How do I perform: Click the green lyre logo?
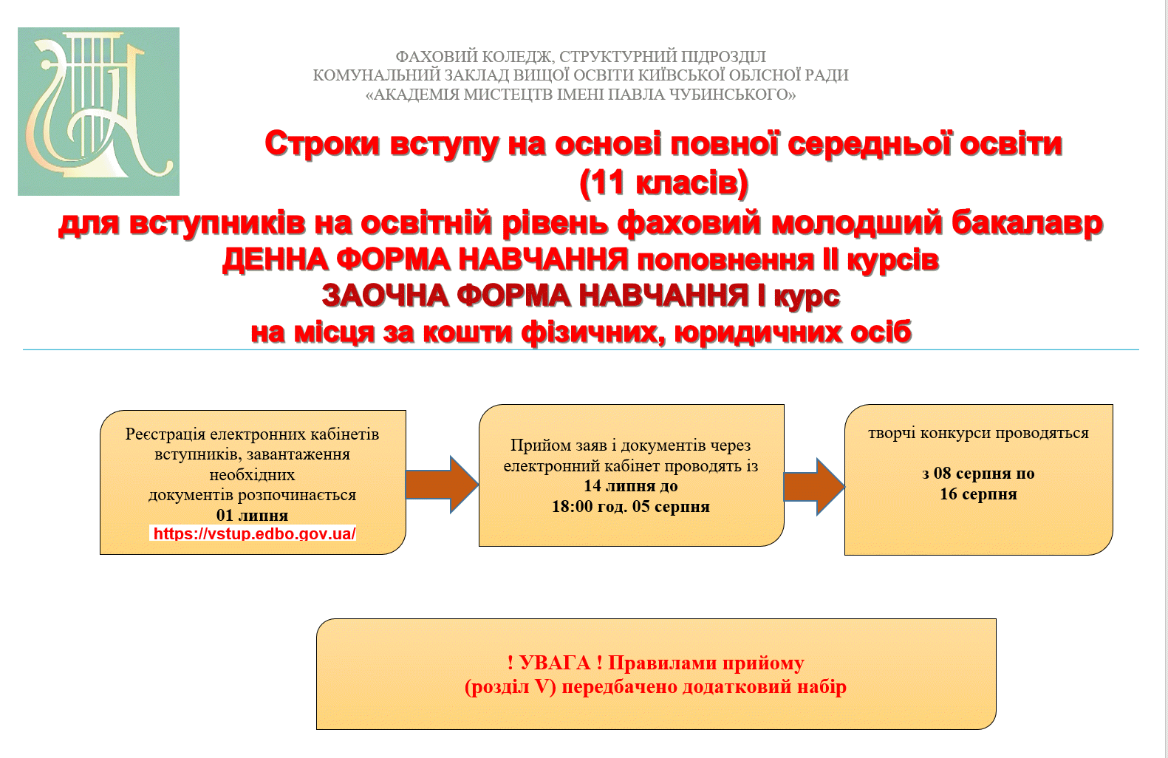[98, 112]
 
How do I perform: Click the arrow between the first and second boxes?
[443, 485]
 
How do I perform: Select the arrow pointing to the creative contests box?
[814, 487]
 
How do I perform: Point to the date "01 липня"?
[253, 515]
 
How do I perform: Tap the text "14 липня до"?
[631, 486]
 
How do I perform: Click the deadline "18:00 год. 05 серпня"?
[631, 506]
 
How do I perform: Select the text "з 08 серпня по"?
[978, 474]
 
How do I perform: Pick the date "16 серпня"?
[978, 494]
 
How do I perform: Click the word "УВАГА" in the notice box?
[555, 663]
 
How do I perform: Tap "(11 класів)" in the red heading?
[663, 183]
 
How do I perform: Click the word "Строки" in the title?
[322, 143]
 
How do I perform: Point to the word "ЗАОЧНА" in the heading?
[386, 296]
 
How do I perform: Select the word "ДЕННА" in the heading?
[275, 259]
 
